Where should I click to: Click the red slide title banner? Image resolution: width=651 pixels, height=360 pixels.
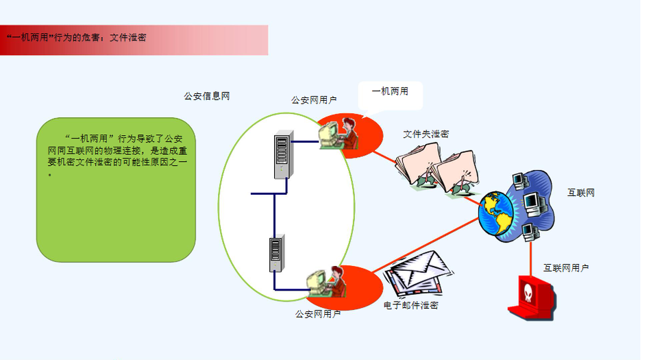134,40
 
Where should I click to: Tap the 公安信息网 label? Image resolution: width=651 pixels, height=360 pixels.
206,97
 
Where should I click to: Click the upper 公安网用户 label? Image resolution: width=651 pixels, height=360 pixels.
313,100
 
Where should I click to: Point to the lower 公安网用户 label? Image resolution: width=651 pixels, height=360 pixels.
318,315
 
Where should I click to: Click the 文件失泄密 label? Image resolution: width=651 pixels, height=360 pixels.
426,134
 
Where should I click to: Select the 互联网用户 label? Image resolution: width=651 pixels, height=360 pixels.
566,268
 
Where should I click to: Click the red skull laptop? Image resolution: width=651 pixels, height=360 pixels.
530,296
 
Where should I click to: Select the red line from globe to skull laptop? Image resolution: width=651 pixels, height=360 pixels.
530,257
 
